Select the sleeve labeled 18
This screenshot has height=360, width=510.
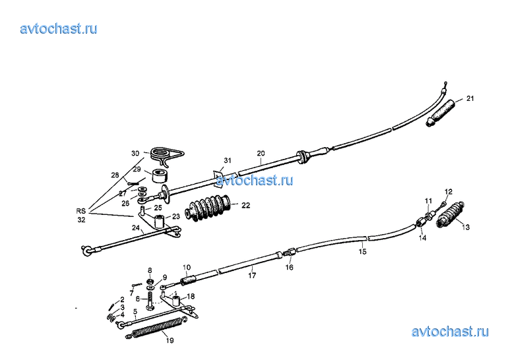(176, 300)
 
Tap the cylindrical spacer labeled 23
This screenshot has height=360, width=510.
(160, 222)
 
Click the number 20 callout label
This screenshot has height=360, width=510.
(261, 154)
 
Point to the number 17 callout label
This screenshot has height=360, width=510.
(252, 276)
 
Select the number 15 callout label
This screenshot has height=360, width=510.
(362, 251)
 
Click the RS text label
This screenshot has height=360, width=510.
(81, 211)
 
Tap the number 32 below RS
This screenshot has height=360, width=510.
(81, 220)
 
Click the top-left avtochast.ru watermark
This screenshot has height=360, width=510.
(59, 28)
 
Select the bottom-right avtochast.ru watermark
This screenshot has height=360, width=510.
(450, 332)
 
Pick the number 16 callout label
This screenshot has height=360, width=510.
(289, 267)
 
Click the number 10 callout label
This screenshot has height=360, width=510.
(187, 268)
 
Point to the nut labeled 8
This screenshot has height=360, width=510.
(150, 282)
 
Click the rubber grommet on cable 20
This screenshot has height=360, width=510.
(302, 157)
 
